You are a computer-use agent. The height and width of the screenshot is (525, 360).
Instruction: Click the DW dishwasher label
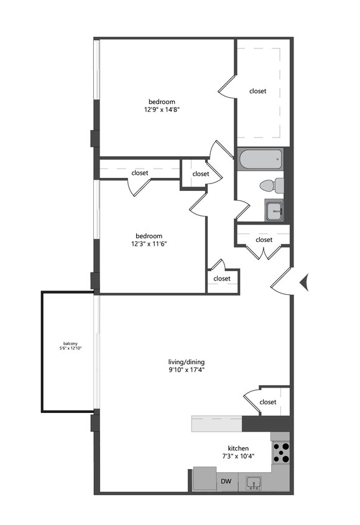click(x=226, y=481)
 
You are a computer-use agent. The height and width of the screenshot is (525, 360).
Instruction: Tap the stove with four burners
click(x=281, y=452)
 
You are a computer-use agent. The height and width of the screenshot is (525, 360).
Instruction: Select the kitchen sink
click(x=254, y=483)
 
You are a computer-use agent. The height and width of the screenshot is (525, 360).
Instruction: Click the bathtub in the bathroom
click(x=260, y=159)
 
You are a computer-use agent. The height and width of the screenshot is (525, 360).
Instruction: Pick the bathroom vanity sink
click(x=275, y=211)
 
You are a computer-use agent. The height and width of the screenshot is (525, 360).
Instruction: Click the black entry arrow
click(x=305, y=283)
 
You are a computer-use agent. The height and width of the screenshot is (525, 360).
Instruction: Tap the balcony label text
click(x=70, y=343)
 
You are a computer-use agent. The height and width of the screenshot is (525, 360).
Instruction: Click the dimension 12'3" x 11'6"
click(x=149, y=244)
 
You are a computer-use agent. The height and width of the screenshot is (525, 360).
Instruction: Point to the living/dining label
click(x=187, y=362)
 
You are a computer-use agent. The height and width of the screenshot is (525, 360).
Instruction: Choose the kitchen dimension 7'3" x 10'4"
click(x=238, y=457)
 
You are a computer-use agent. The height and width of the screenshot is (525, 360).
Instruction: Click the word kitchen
click(x=238, y=448)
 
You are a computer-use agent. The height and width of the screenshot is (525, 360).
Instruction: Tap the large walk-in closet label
click(x=257, y=91)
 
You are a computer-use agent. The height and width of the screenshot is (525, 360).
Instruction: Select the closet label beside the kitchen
click(x=268, y=402)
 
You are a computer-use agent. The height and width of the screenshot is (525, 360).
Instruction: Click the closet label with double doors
click(x=264, y=239)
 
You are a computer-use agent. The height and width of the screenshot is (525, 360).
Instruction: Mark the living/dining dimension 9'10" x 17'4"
click(x=187, y=370)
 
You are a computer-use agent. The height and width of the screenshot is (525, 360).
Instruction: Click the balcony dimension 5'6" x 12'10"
click(x=70, y=348)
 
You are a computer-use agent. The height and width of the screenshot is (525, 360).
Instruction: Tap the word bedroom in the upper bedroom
click(x=162, y=101)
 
